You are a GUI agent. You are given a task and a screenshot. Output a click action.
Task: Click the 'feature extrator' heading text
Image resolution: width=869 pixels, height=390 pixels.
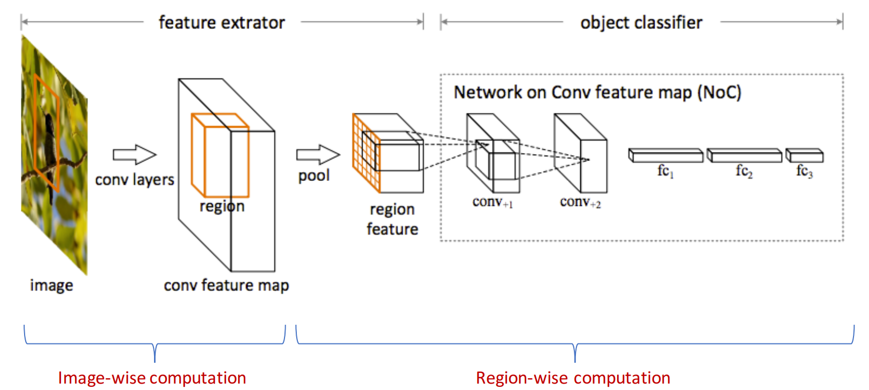point(221,22)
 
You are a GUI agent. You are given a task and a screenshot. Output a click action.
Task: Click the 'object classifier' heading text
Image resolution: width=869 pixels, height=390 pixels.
point(641,22)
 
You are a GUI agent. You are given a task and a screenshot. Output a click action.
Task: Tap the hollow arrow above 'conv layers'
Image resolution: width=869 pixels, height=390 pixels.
point(134,155)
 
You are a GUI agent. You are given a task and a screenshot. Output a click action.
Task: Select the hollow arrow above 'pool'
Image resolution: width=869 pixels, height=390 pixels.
point(318,155)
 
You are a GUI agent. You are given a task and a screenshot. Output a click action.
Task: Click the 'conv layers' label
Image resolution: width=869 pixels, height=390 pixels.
point(134,180)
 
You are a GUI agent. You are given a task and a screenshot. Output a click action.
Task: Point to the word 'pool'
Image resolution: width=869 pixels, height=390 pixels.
point(314,176)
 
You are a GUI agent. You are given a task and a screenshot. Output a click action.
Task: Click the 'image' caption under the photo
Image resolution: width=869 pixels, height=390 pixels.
point(51,285)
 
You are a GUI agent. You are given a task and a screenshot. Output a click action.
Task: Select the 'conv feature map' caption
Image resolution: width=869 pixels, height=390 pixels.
point(226,285)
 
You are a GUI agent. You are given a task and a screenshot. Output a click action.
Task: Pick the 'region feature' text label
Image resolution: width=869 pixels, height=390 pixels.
point(392,219)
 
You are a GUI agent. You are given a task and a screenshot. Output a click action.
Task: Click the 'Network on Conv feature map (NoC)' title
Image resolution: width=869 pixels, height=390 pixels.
point(597,93)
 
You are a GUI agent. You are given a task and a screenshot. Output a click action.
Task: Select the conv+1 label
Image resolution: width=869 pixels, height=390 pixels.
point(493,202)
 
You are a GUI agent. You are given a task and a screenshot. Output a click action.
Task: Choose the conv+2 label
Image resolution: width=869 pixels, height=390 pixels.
point(580,202)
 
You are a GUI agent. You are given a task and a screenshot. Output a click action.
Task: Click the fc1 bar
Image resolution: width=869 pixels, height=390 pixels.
point(665,156)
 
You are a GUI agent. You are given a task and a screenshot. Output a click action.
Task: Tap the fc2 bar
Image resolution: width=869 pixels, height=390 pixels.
point(744,156)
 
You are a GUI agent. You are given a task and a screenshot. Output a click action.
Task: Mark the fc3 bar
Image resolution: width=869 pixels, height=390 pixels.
point(804,156)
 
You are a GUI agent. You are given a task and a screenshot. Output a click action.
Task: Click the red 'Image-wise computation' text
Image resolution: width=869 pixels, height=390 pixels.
point(152,378)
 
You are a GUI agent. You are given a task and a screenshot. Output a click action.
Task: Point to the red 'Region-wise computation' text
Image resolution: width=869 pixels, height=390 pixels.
point(573,378)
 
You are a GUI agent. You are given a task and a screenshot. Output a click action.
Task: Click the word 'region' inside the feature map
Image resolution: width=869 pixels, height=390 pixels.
point(222,207)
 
